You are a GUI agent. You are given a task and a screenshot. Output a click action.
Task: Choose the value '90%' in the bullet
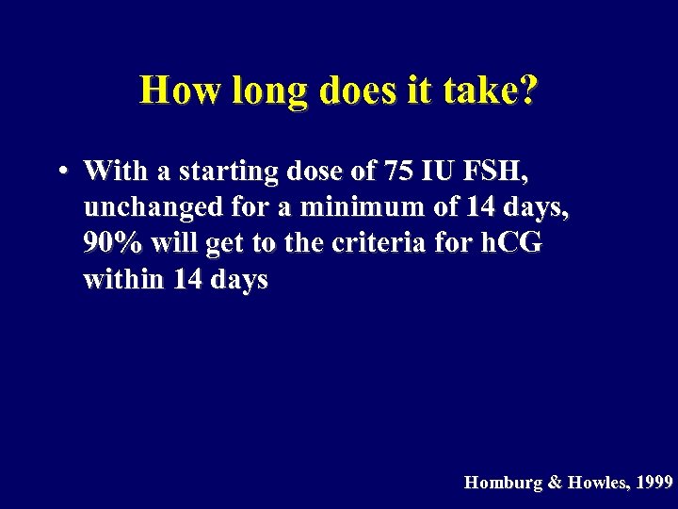tap(113, 243)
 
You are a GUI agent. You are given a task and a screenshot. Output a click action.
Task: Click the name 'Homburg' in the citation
tap(502, 483)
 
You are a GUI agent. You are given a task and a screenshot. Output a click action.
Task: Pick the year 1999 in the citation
tap(654, 483)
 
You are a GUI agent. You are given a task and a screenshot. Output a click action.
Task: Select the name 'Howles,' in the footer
tap(597, 483)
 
